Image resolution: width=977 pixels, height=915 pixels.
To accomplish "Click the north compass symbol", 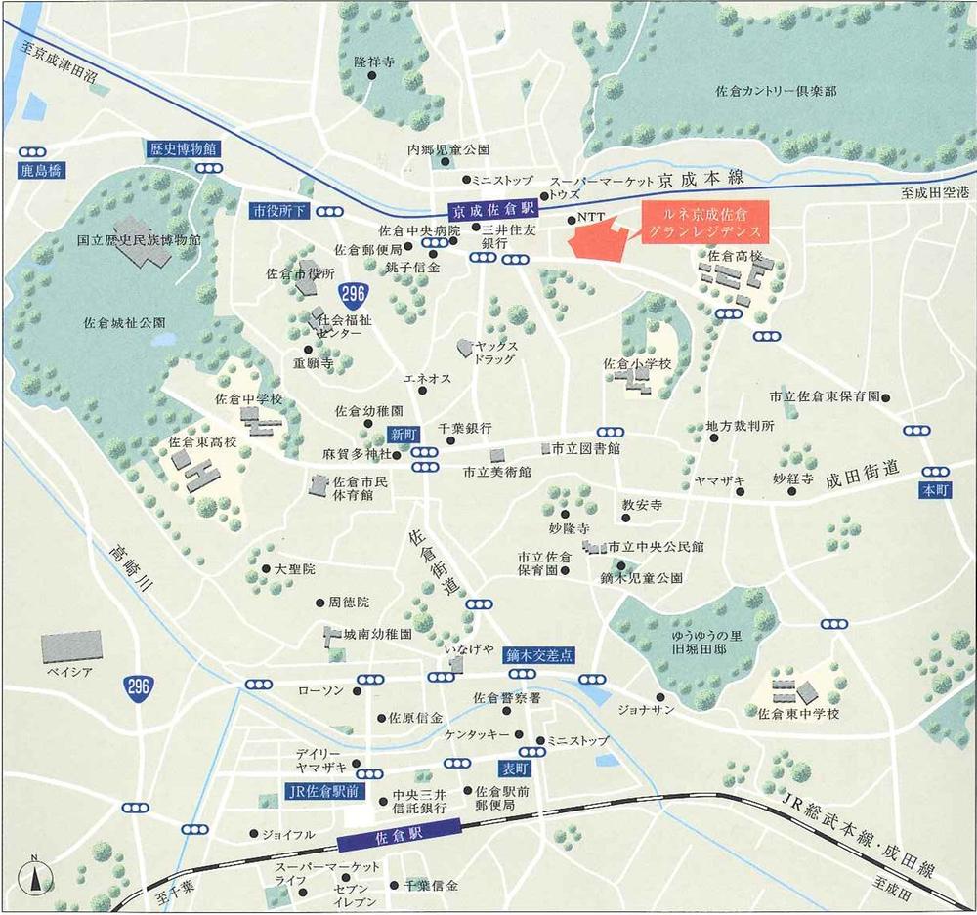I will (36, 876).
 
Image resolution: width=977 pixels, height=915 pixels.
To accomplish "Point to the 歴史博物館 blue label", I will (183, 148).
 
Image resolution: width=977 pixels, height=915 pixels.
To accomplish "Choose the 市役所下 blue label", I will (279, 210).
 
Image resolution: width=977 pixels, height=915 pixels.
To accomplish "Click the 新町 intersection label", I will (403, 435).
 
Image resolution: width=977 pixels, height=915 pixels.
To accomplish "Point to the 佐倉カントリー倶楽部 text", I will (775, 91).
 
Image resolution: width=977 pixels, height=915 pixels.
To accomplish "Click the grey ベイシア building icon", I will (71, 645).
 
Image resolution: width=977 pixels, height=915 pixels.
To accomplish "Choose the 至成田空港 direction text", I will (935, 194).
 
